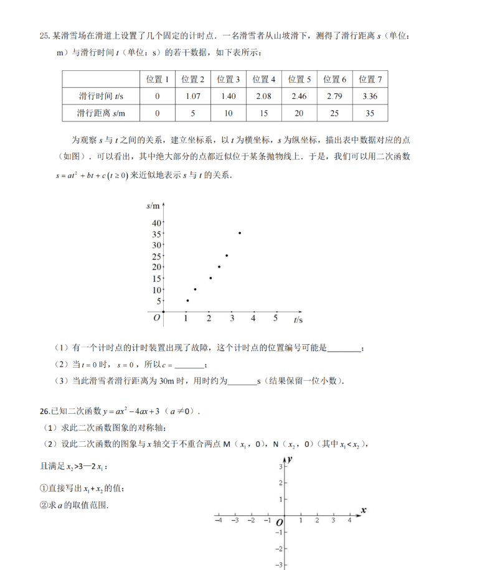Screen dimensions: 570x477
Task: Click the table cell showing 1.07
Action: pyautogui.click(x=193, y=96)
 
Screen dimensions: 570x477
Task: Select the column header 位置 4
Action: pyautogui.click(x=264, y=79)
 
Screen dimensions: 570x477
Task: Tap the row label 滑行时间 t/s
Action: pyautogui.click(x=102, y=96)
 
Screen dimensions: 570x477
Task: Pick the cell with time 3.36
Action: pyautogui.click(x=370, y=96)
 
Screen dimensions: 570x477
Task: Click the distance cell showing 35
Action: pyautogui.click(x=370, y=113)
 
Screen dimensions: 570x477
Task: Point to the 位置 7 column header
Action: pyautogui.click(x=370, y=79)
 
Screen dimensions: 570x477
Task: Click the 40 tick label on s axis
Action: pyautogui.click(x=156, y=223)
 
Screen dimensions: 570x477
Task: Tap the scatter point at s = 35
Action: pyautogui.click(x=240, y=233)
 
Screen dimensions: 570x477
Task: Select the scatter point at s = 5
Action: pyautogui.click(x=187, y=301)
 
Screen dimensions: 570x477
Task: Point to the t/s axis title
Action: pyautogui.click(x=298, y=320)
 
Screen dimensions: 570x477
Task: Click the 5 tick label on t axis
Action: pyautogui.click(x=275, y=319)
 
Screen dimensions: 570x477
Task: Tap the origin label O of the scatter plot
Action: pyautogui.click(x=157, y=318)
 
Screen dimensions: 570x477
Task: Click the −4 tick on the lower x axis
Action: pyautogui.click(x=218, y=520)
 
